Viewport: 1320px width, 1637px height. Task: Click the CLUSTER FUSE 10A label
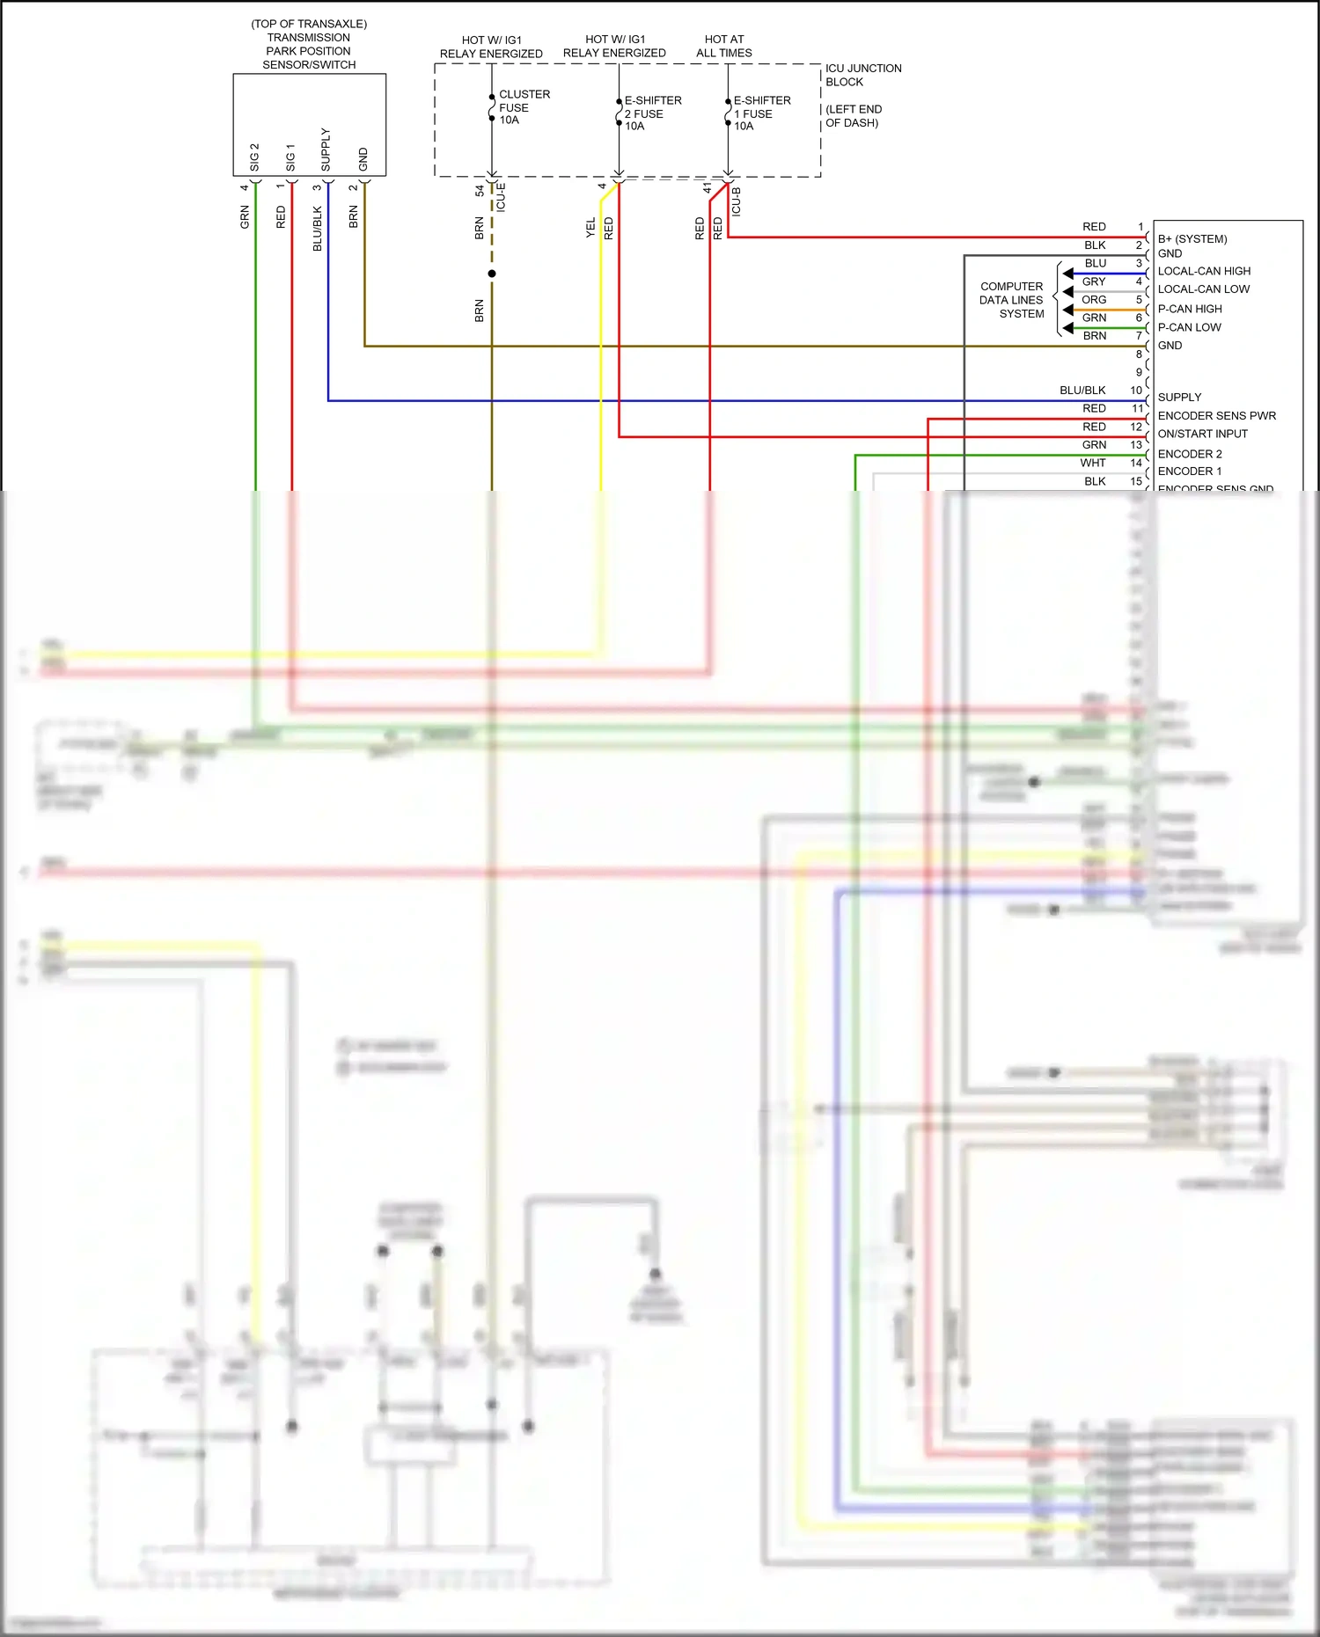coord(523,107)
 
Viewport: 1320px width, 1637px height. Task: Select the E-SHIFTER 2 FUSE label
coord(652,113)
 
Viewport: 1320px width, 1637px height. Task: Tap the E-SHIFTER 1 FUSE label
coord(761,113)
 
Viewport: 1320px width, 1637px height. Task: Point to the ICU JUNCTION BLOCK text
coord(862,75)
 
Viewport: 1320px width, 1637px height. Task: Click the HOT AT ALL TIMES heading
coord(723,46)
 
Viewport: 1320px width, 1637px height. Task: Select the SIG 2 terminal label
coord(254,157)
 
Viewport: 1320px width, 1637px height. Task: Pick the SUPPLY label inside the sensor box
coord(326,150)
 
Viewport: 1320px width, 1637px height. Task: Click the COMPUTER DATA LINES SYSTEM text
coord(1011,300)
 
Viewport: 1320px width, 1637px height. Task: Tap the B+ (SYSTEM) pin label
coord(1192,239)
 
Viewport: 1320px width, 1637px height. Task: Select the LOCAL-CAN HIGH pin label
coord(1203,271)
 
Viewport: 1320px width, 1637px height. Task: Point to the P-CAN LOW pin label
coord(1189,327)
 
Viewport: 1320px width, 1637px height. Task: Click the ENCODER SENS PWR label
coord(1216,416)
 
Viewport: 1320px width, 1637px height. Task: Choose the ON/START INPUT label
coord(1202,434)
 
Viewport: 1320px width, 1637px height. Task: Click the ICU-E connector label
coord(501,197)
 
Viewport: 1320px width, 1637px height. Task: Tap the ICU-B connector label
coord(737,201)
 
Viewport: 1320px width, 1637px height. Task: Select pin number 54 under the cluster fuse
coord(480,190)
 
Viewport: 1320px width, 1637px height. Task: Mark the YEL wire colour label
coord(590,228)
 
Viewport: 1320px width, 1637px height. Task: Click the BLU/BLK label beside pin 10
coord(1082,391)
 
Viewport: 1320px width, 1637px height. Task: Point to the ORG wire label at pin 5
coord(1094,300)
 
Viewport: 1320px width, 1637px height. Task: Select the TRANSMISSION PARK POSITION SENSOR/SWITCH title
coord(309,51)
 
